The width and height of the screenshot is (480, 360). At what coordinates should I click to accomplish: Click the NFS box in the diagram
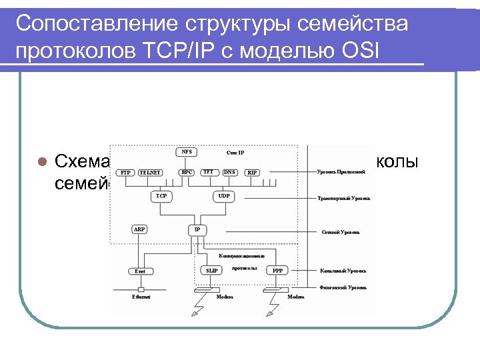pos(187,152)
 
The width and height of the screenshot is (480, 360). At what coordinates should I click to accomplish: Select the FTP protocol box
pos(125,173)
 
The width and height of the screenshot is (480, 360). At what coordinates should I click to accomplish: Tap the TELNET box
pos(150,173)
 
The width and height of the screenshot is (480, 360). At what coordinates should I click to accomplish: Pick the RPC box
pos(187,172)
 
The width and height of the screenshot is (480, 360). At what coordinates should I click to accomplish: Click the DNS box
pos(229,172)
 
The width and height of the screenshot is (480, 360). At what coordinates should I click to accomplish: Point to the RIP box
pos(252,173)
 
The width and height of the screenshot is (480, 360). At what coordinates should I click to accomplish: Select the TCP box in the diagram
pos(161,197)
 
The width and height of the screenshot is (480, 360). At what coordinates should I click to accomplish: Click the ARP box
pos(139,229)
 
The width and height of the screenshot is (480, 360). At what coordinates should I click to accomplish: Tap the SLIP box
pos(212,271)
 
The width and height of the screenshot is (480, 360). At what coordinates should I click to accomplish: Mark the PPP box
pos(277,271)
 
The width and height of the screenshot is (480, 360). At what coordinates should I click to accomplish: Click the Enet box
pos(140,271)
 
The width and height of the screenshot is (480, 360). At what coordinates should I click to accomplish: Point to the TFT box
pos(209,172)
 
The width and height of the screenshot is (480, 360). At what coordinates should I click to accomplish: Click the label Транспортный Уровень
pos(343,199)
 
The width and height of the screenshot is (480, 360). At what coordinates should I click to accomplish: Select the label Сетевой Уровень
pos(341,233)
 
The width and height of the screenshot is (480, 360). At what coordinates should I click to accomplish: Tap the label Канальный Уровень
pos(342,271)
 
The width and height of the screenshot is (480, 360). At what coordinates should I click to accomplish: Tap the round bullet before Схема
pos(41,161)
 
